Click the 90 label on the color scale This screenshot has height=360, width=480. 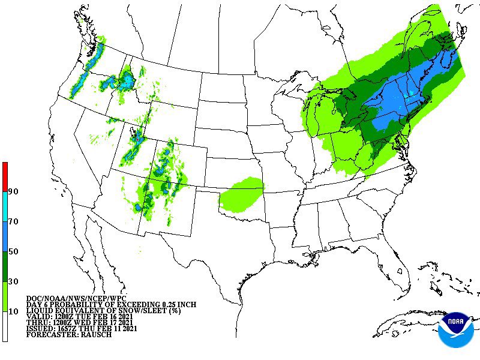click(x=13, y=192)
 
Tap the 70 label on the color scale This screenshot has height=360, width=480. click(x=13, y=222)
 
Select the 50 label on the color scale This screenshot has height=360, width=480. click(x=13, y=251)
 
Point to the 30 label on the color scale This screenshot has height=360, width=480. click(x=13, y=281)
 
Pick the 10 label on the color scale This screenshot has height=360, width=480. click(x=13, y=311)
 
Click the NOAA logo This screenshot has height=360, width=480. click(x=455, y=329)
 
